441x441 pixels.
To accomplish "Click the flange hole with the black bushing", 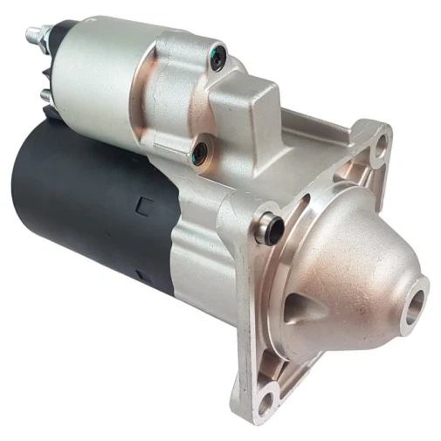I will pos(272,229).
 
